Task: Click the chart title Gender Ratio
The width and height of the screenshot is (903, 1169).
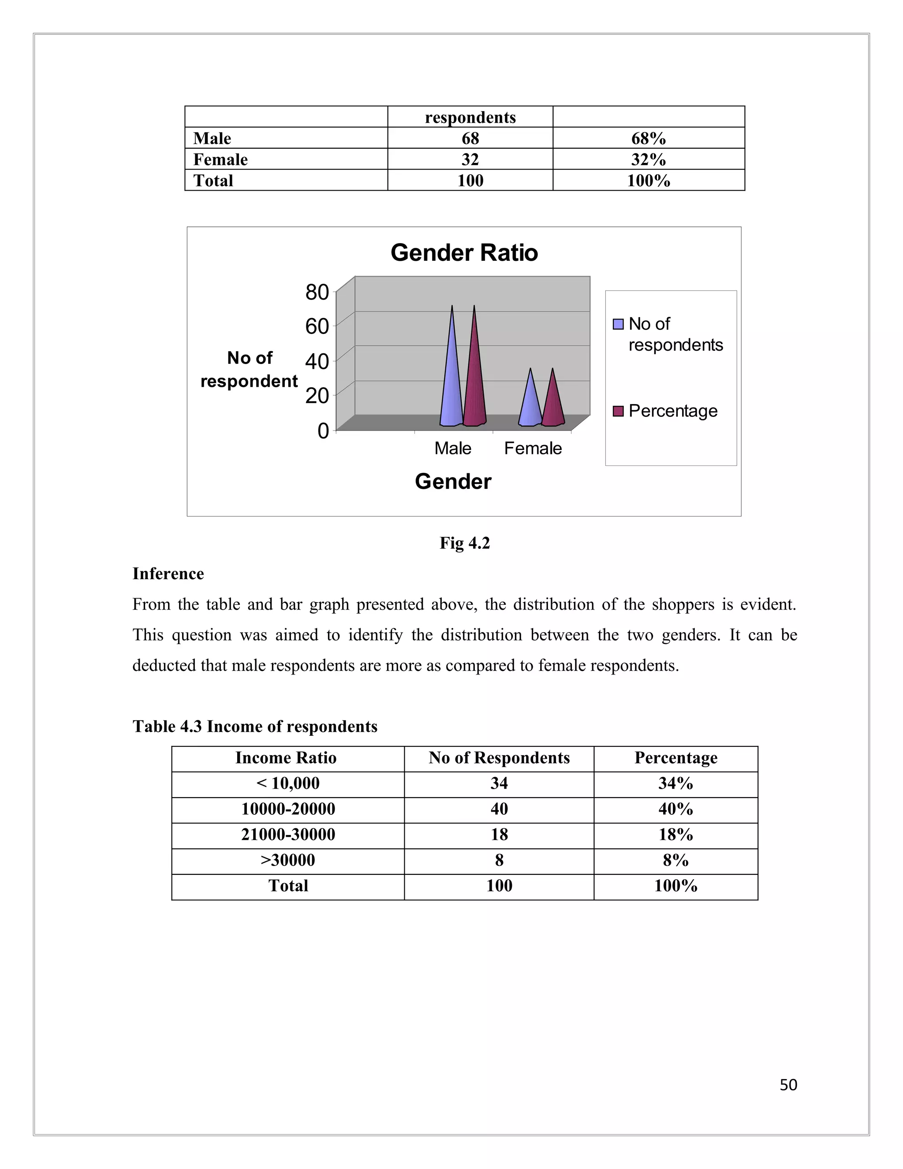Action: point(464,253)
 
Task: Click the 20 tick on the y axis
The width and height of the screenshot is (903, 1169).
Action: point(317,396)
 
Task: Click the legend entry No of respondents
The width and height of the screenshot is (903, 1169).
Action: point(675,334)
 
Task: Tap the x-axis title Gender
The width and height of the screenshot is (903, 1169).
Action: point(452,481)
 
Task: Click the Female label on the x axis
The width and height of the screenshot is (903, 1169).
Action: point(533,448)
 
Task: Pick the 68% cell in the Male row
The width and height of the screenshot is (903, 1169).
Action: point(648,138)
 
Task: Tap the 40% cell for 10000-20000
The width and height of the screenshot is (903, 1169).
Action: point(675,809)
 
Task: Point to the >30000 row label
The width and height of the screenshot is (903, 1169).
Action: point(287,860)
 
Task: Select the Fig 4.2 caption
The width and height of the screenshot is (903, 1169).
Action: point(464,543)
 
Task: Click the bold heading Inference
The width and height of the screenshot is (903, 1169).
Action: point(168,574)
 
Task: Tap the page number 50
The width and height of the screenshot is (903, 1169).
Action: point(788,1084)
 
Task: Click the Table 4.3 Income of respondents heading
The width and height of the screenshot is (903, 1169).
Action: point(255,727)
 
